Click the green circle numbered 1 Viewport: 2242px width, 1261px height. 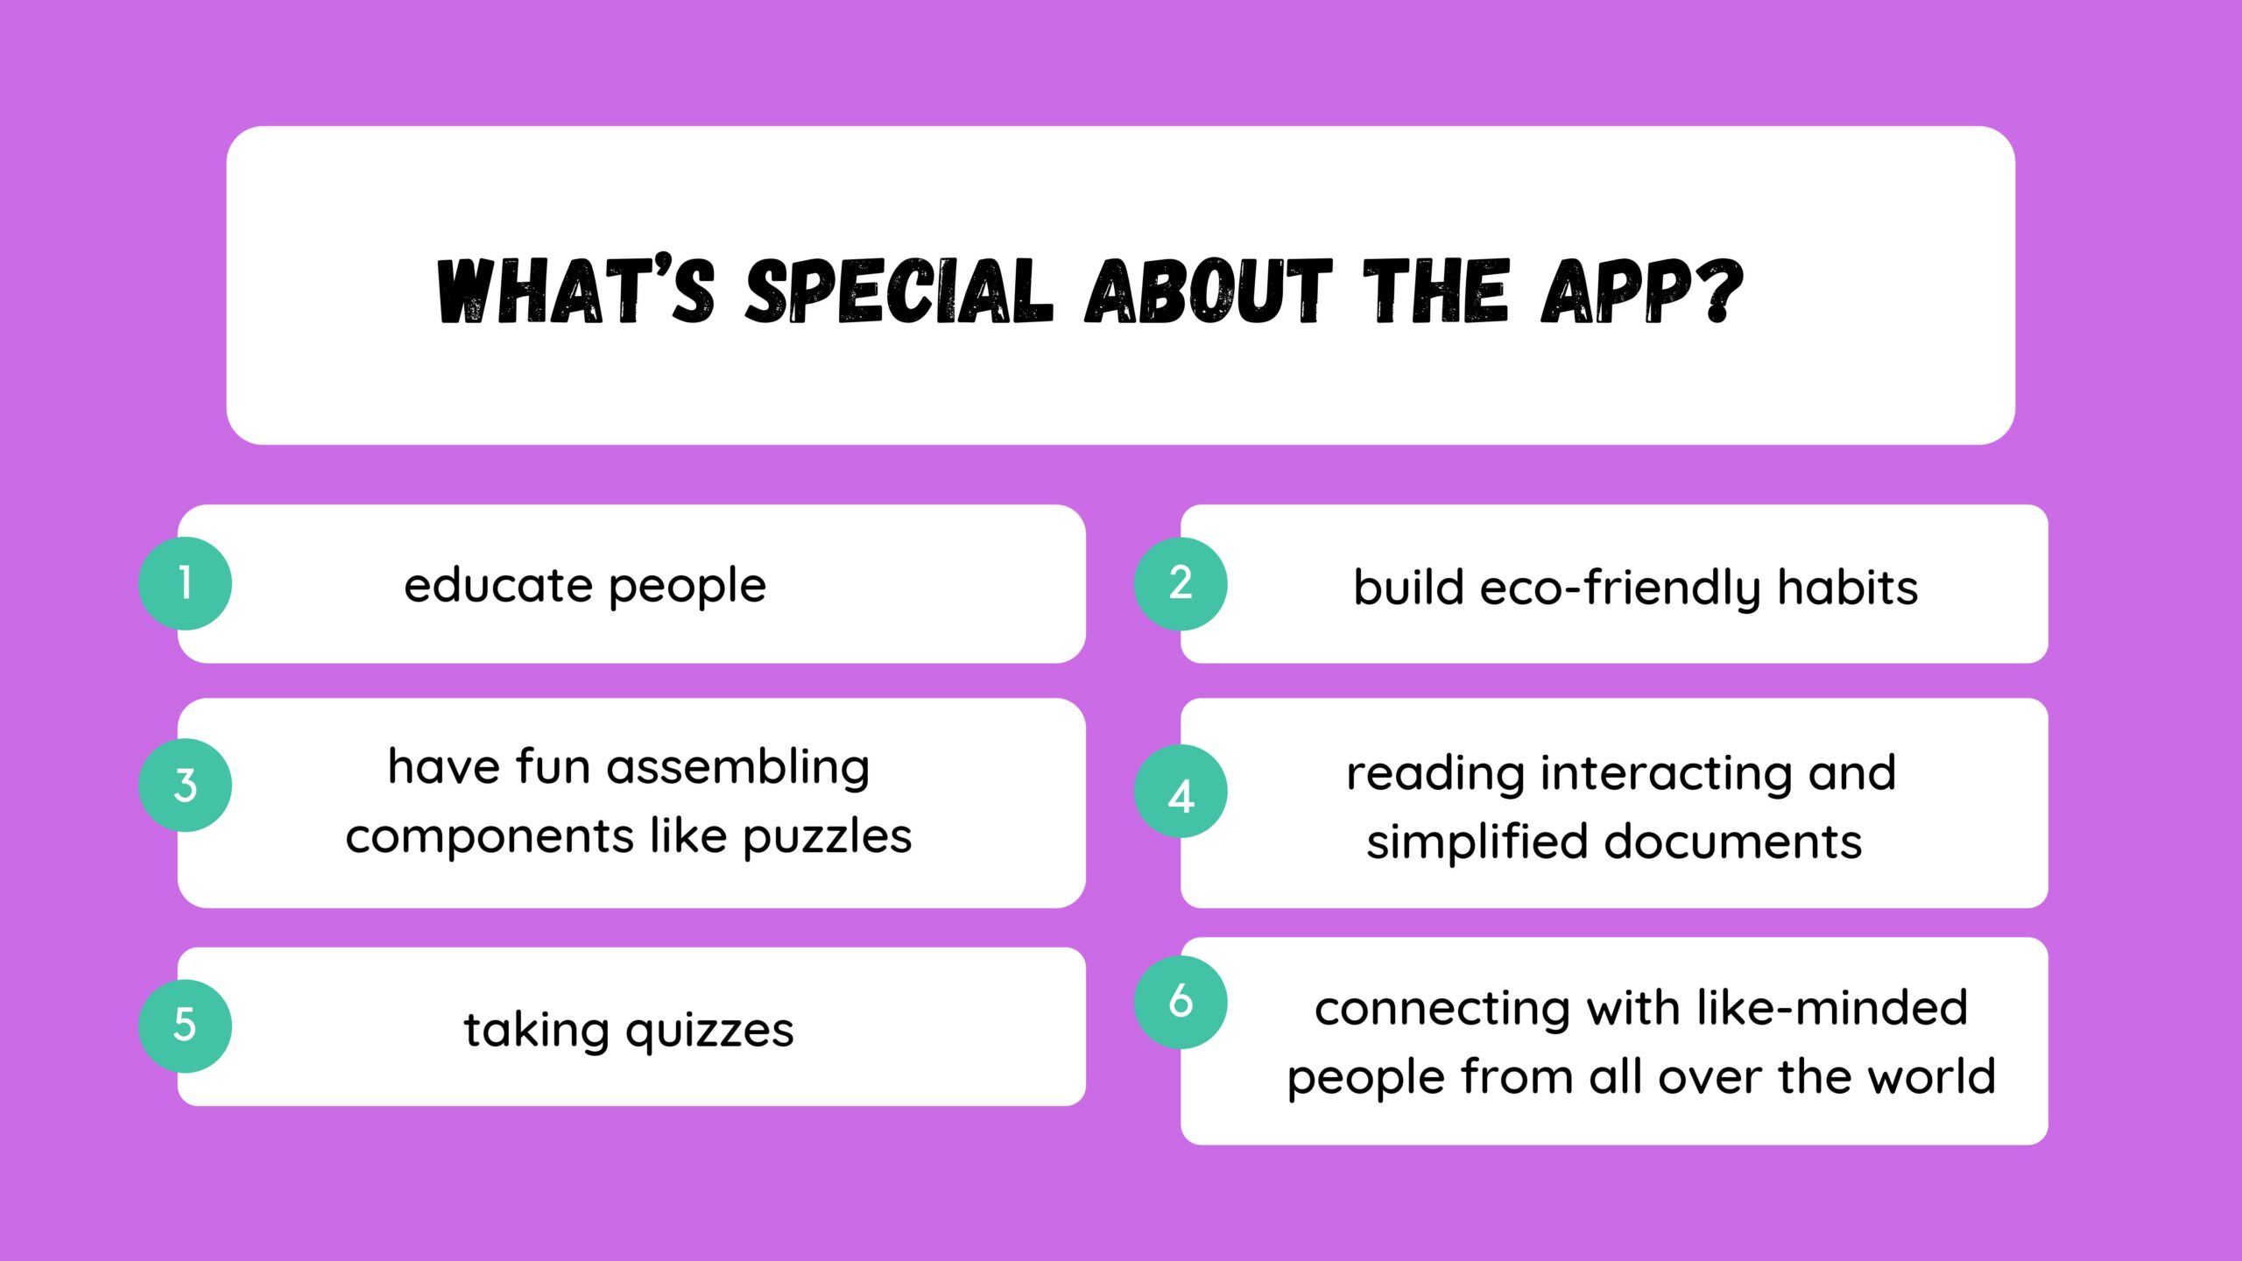[185, 583]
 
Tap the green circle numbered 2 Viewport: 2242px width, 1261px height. [1181, 583]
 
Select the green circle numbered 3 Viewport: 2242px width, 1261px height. [185, 785]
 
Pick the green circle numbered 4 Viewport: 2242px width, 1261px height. [1181, 792]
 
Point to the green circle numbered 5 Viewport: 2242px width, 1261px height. [185, 1025]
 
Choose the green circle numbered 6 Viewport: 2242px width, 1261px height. [1181, 1002]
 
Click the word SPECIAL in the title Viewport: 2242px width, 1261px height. [899, 292]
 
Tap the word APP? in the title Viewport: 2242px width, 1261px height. [1642, 292]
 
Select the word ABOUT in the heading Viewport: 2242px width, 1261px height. [1209, 292]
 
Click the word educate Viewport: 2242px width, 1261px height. [498, 585]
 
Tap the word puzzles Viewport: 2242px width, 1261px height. [828, 837]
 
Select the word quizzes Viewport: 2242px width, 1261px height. [710, 1031]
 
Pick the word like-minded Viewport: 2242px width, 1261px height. [1832, 1008]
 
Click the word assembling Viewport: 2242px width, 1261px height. [738, 768]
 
